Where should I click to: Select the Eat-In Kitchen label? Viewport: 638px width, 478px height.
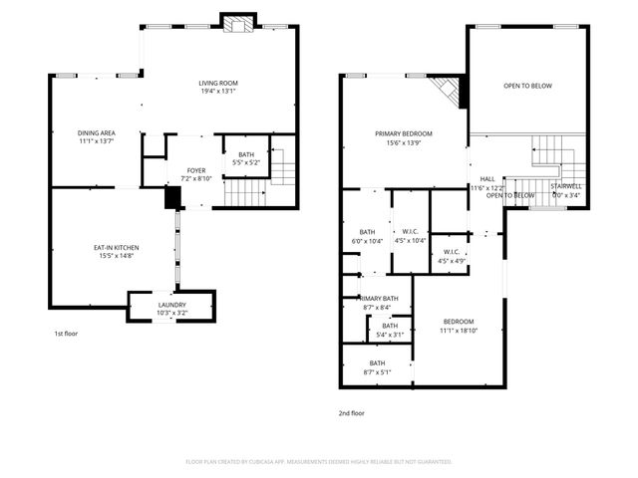tap(118, 251)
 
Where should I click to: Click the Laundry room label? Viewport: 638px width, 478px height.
tap(171, 309)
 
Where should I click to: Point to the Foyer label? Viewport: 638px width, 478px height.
tap(196, 175)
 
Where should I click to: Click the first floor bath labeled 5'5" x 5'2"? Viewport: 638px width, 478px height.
tap(245, 157)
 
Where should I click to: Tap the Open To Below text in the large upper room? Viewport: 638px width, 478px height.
tap(527, 87)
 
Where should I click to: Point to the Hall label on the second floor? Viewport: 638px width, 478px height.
tap(487, 182)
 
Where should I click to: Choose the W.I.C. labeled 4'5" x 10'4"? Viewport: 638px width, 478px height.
tap(411, 236)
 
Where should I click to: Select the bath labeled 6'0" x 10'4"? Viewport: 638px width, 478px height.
tap(366, 236)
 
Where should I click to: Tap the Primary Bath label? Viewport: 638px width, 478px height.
tap(378, 303)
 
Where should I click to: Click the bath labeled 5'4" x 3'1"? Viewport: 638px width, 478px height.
tap(389, 330)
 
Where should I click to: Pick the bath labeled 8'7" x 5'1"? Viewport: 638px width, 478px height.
tap(377, 367)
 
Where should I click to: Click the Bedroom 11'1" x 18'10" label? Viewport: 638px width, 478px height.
tap(458, 326)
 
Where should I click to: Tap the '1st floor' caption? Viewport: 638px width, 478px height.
tap(66, 335)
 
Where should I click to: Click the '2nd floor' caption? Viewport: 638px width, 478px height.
tap(351, 412)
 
